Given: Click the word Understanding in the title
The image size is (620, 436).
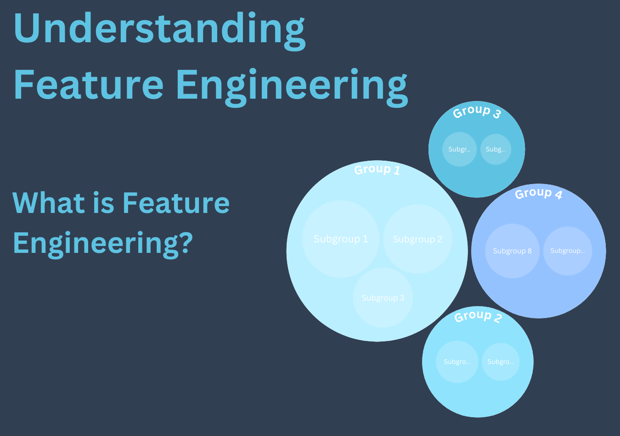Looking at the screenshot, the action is [159, 28].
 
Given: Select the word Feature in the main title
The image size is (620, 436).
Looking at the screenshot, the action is [88, 85].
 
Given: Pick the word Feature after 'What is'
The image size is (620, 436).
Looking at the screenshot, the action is [176, 203].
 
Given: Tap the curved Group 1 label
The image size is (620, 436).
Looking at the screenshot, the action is [377, 169].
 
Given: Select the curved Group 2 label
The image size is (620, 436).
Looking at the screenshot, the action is [478, 316].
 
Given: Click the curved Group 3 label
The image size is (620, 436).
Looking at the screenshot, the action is [476, 111].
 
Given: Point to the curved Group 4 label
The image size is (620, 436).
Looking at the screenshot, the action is [538, 193].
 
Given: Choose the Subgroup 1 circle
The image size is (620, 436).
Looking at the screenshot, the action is [341, 239].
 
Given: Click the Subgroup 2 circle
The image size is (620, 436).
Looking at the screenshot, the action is [417, 239].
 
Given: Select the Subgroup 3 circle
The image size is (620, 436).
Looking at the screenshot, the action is [383, 298].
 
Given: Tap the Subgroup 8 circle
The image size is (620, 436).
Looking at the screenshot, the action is [512, 251].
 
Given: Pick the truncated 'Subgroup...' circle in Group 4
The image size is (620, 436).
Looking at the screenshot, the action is [568, 251].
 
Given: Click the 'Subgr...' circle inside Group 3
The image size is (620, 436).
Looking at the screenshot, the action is [459, 149].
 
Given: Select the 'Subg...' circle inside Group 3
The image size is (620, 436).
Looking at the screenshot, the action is [496, 149].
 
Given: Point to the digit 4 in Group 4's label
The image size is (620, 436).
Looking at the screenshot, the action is [558, 195].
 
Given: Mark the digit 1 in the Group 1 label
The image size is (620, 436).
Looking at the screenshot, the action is [397, 171].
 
